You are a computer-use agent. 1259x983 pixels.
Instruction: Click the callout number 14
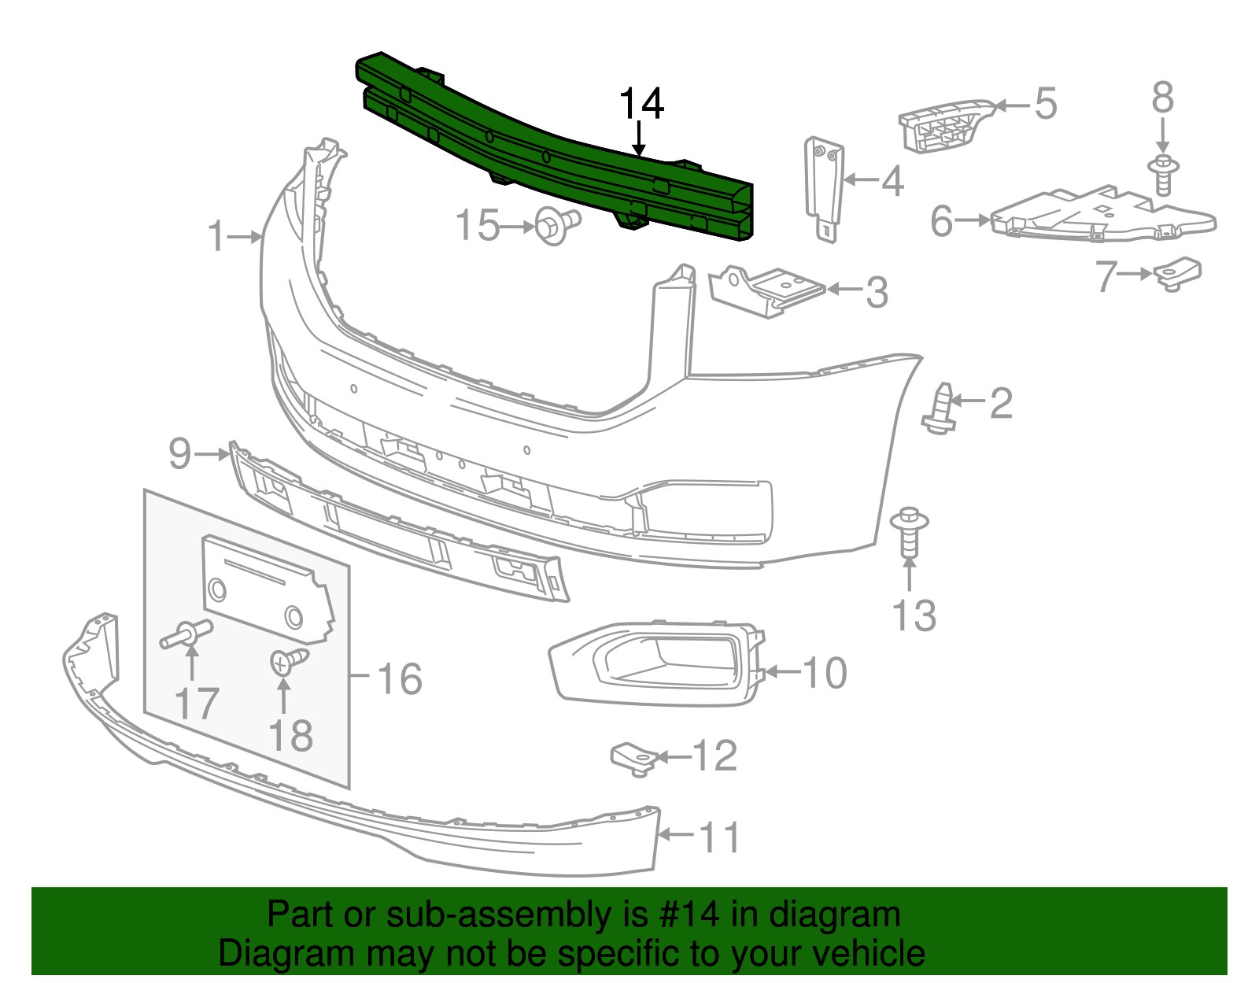(x=641, y=104)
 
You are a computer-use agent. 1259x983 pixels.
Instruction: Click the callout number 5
(x=1045, y=104)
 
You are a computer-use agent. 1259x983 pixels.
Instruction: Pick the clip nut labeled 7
(x=1178, y=272)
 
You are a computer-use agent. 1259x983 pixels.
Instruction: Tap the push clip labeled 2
(x=940, y=408)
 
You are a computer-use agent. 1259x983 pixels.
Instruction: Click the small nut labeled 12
(x=634, y=758)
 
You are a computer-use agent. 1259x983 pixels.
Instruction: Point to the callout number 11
(x=719, y=837)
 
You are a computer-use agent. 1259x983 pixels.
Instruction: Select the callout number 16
(x=400, y=678)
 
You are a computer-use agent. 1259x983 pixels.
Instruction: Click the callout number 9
(x=180, y=454)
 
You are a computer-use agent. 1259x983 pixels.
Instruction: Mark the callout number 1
(x=216, y=236)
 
